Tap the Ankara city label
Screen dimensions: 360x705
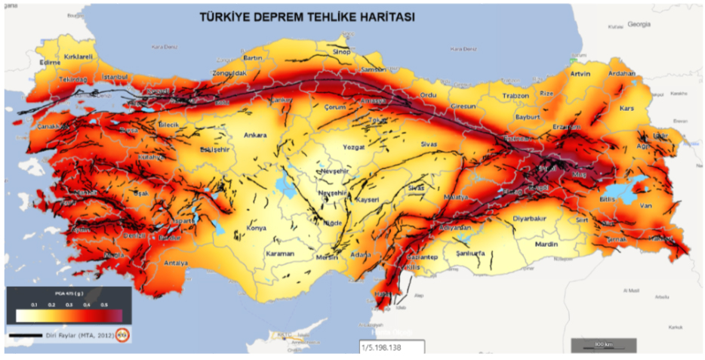pyautogui.click(x=255, y=136)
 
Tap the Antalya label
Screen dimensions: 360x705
pyautogui.click(x=177, y=263)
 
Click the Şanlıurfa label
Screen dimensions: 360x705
pyautogui.click(x=471, y=254)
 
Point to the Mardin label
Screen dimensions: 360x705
pyautogui.click(x=546, y=245)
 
